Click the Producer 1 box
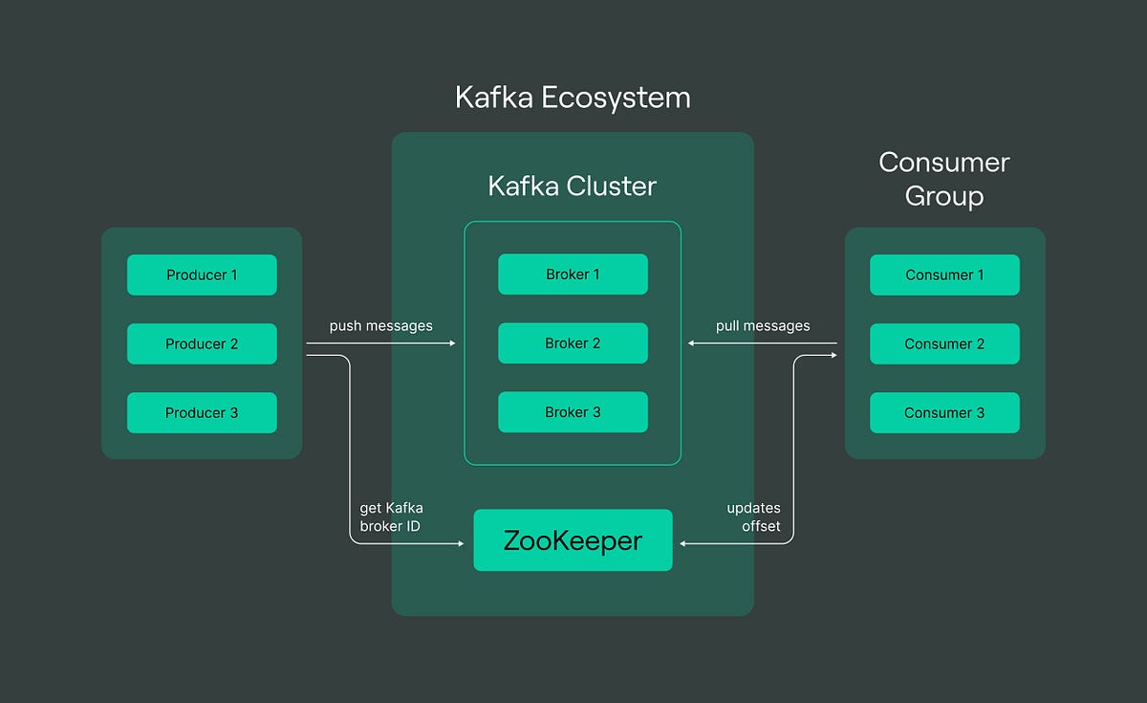click(x=202, y=275)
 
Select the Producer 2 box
click(x=202, y=343)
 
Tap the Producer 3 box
click(x=202, y=412)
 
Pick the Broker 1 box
click(x=573, y=275)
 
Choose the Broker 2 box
click(x=573, y=343)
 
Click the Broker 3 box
click(x=573, y=412)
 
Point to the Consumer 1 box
click(x=944, y=275)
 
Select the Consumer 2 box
click(x=944, y=343)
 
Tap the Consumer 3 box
click(x=944, y=412)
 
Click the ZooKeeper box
click(x=573, y=540)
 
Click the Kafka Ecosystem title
click(x=573, y=98)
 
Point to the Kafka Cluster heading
click(x=573, y=186)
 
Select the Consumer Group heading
click(x=944, y=179)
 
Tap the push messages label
click(x=380, y=326)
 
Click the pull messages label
click(x=763, y=326)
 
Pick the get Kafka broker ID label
click(x=391, y=517)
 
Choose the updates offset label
click(x=753, y=517)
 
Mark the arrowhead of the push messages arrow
click(x=453, y=343)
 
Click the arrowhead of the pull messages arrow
click(x=692, y=343)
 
